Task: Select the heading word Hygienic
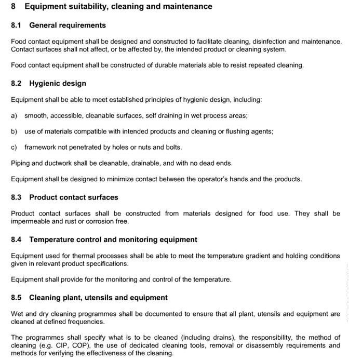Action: point(45,83)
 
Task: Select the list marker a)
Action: point(14,115)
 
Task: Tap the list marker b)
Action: point(14,131)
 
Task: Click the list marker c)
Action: point(14,147)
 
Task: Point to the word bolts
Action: point(173,147)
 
